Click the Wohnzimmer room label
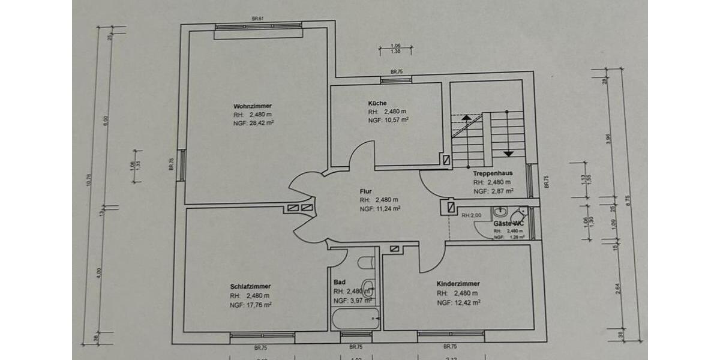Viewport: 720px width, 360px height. click(248, 106)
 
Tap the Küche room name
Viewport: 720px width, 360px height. click(377, 103)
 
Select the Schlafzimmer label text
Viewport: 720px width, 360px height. click(250, 286)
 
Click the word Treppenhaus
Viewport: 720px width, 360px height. click(492, 173)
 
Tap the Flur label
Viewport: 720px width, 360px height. click(365, 191)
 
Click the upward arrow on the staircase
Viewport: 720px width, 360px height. click(466, 118)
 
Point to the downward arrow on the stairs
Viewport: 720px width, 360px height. click(508, 153)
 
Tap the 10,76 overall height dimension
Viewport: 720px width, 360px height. click(89, 180)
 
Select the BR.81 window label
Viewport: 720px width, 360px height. click(258, 19)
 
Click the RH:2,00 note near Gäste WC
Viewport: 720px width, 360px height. click(472, 215)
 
